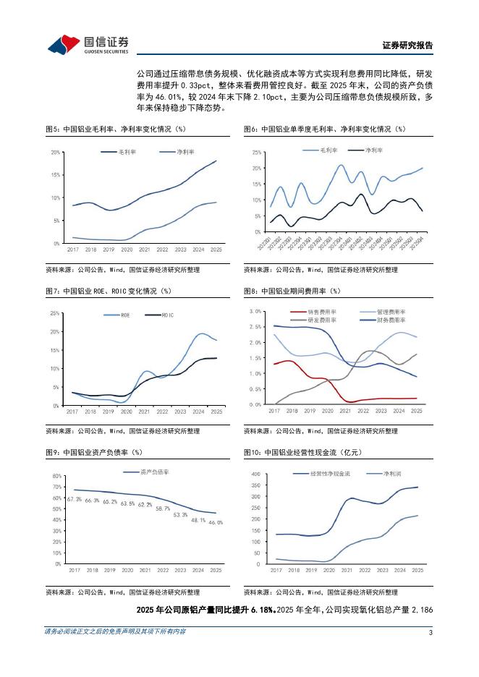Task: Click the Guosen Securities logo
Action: (x=88, y=45)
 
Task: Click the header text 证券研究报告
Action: (x=407, y=45)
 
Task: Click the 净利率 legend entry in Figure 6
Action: (x=374, y=150)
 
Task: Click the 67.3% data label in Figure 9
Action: (x=74, y=500)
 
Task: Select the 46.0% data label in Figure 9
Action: (x=216, y=522)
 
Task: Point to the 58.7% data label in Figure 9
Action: (x=163, y=508)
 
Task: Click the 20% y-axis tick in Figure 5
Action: (x=56, y=153)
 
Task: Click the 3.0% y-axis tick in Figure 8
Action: (x=255, y=311)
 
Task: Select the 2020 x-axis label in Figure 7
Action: (x=127, y=411)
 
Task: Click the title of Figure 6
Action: (x=325, y=129)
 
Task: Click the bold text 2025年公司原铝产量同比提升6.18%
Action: (x=205, y=610)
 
